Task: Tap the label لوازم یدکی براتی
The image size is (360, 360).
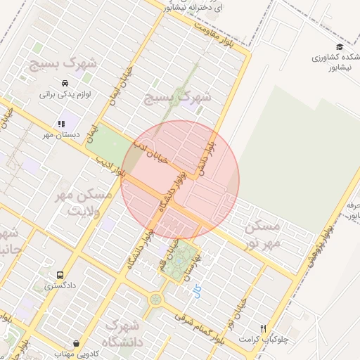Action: pyautogui.click(x=63, y=92)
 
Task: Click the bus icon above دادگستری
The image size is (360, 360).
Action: pyautogui.click(x=60, y=275)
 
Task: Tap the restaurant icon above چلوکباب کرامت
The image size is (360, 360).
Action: pyautogui.click(x=264, y=328)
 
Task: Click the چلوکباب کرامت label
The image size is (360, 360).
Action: pyautogui.click(x=264, y=339)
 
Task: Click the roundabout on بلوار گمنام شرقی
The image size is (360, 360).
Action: pyautogui.click(x=155, y=300)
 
